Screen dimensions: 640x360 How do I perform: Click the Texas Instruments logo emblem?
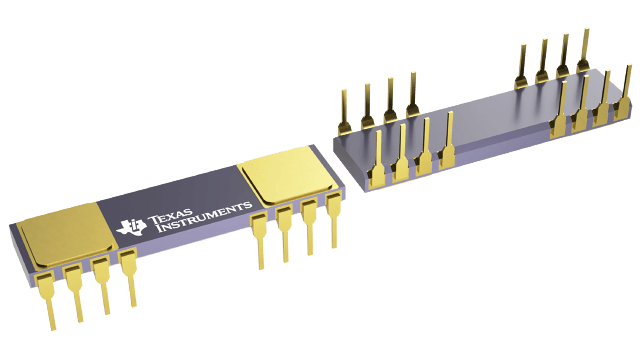(x=131, y=227)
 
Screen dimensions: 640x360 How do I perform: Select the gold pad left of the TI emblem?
(x=67, y=234)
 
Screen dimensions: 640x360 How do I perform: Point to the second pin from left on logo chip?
(x=75, y=291)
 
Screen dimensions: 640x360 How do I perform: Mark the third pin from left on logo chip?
(x=102, y=285)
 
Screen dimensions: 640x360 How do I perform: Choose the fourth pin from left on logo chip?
(x=128, y=278)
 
